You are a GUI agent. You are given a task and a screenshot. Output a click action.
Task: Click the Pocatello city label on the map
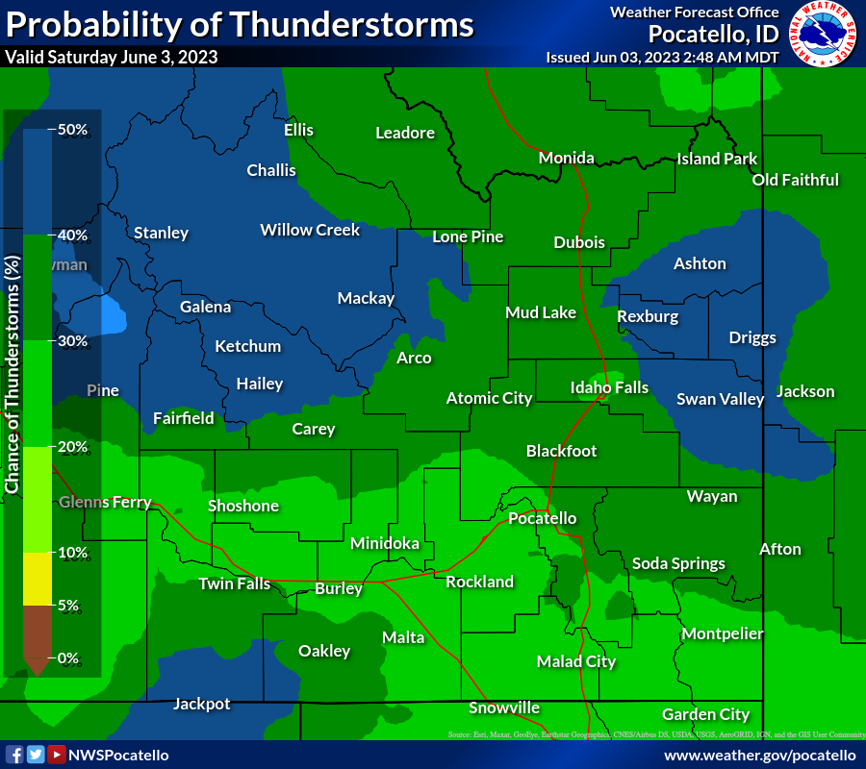pos(543,518)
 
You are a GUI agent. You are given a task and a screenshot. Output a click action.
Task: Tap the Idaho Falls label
pos(609,388)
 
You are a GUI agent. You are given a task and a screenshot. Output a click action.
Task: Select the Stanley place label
pos(161,233)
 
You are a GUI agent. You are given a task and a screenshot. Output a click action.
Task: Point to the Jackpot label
pos(201,704)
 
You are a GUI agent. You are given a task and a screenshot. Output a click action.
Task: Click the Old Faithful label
pos(795,180)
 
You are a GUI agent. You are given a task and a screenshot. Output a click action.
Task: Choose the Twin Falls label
pos(235,583)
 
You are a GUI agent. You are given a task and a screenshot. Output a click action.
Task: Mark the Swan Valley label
pos(720,399)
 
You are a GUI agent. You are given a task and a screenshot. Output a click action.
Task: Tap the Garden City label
pos(705,714)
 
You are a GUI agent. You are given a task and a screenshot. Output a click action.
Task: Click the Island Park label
pos(717,159)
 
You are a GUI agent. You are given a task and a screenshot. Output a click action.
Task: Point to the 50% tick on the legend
pos(72,130)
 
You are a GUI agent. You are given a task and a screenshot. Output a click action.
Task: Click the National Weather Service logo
pos(824,35)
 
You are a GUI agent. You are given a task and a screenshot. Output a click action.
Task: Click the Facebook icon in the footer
pos(14,755)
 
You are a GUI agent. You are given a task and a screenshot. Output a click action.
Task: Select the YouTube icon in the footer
pos(57,755)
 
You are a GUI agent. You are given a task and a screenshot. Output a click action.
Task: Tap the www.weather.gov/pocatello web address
pos(759,756)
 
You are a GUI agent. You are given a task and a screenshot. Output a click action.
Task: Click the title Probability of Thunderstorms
pos(241,25)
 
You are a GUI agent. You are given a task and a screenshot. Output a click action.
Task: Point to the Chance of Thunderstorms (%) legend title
pos(13,375)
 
